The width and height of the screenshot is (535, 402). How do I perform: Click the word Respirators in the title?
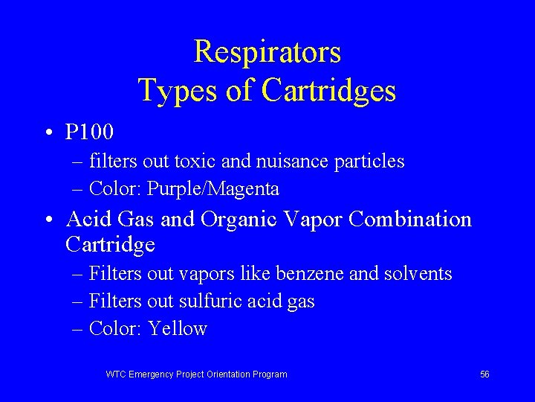[x=267, y=52]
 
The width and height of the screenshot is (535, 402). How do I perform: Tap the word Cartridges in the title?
[x=328, y=91]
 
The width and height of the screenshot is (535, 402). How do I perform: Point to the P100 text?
[x=89, y=133]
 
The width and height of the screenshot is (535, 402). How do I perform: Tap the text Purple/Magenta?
[x=213, y=189]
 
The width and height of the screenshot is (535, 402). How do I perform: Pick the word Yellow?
[x=178, y=328]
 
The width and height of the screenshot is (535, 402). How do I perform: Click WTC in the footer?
[x=116, y=374]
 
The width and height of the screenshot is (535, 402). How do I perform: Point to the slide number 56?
[x=484, y=374]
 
